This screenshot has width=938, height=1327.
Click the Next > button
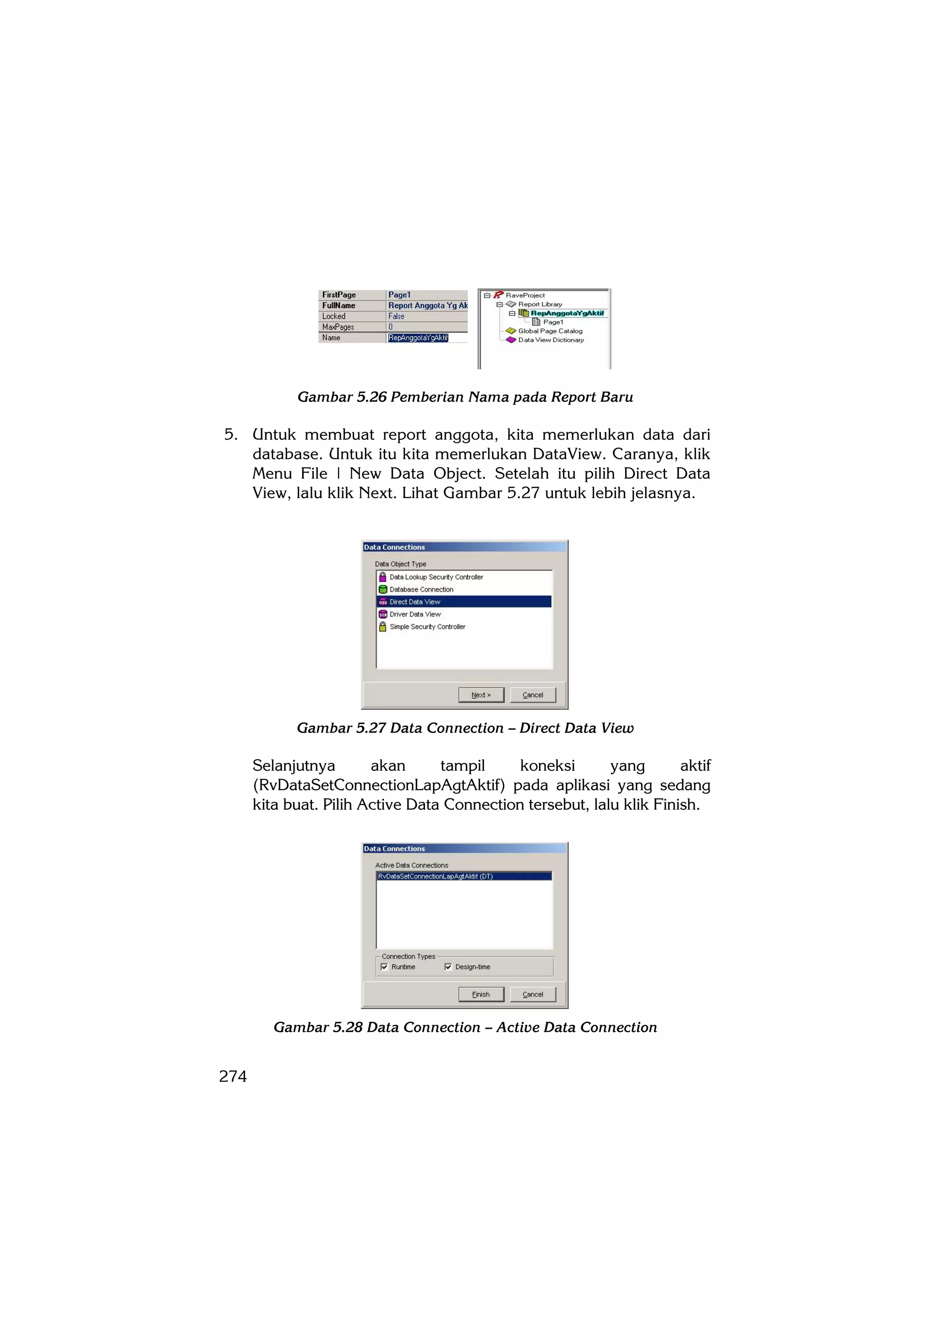(481, 695)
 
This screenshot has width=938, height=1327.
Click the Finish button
(481, 994)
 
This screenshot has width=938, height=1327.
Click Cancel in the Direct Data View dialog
(533, 695)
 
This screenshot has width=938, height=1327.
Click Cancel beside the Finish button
(533, 994)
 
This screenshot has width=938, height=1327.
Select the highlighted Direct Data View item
(415, 602)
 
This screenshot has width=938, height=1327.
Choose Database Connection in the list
(421, 589)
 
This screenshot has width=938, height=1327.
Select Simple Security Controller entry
(427, 626)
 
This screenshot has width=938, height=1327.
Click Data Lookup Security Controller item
(436, 577)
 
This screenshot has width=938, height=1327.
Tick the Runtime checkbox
(384, 967)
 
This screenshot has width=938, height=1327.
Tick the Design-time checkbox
(448, 967)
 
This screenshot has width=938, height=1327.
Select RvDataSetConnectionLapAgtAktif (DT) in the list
(435, 876)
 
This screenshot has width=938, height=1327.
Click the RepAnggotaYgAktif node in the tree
(567, 313)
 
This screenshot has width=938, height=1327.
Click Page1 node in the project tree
(552, 322)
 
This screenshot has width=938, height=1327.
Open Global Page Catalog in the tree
(550, 331)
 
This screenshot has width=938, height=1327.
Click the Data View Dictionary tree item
(550, 340)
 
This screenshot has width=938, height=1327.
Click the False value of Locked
(397, 316)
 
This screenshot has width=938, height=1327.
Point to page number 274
(233, 1076)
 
